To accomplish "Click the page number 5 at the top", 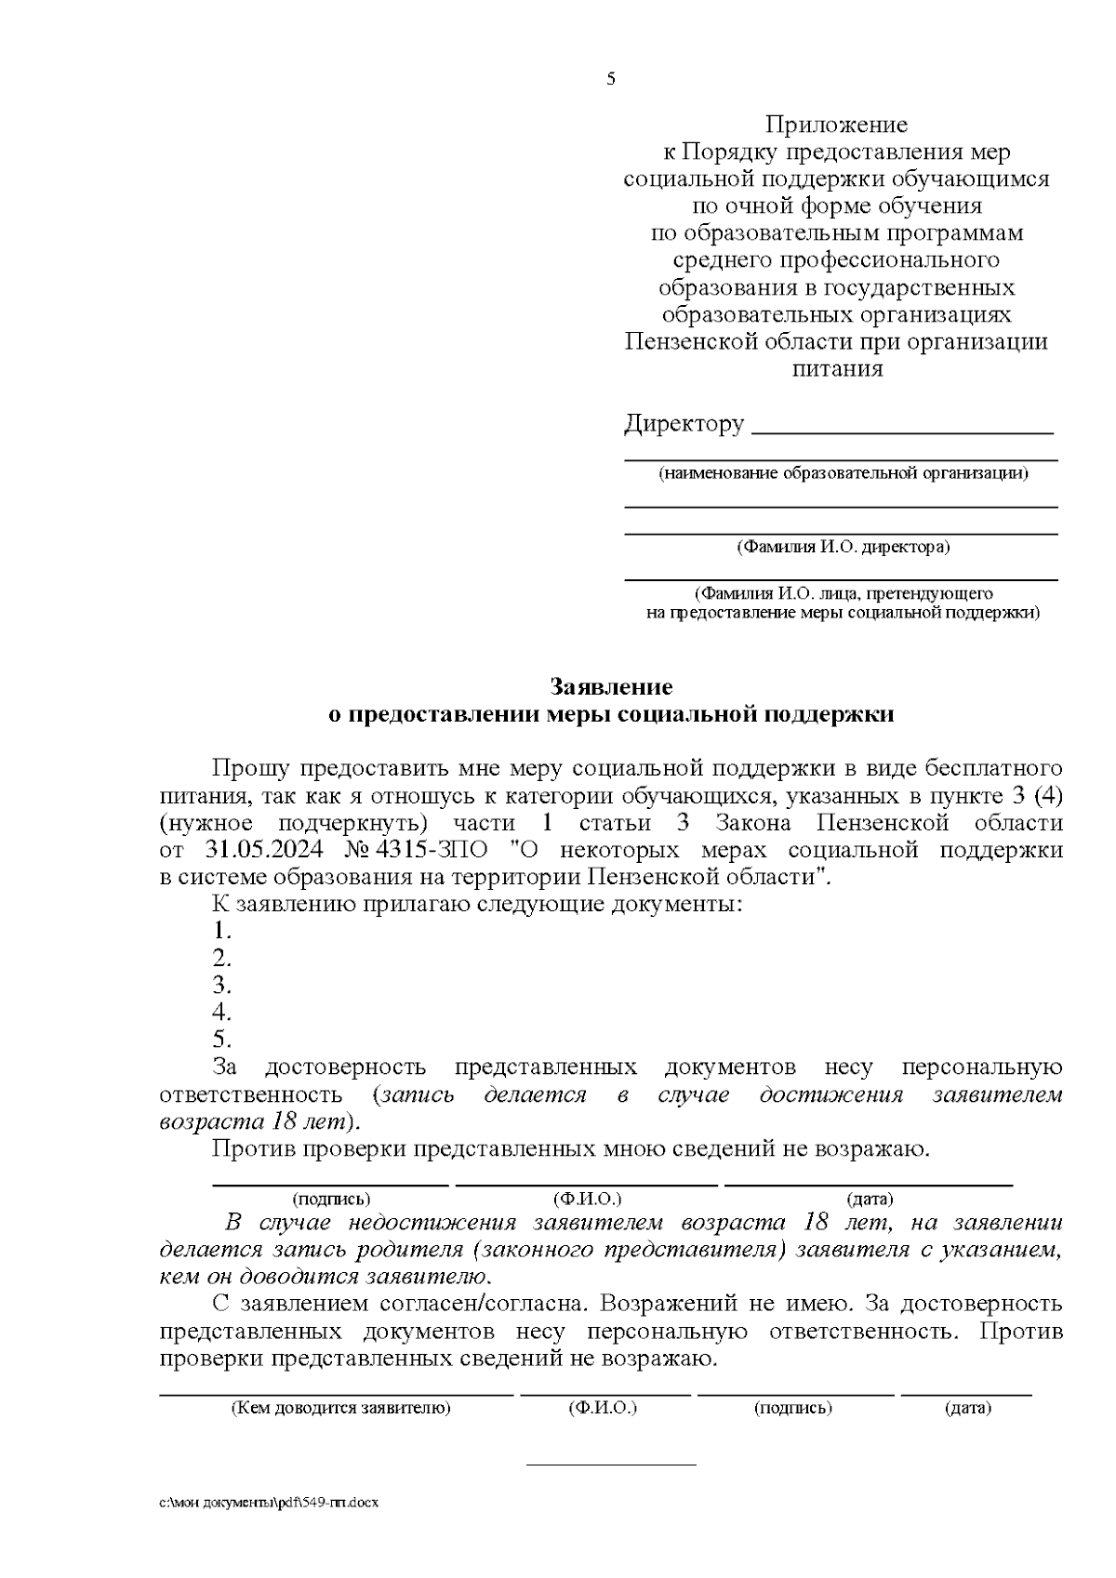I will coord(611,79).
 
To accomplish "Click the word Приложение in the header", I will coord(836,125).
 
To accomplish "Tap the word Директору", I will coord(684,425).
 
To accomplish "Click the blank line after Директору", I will coord(901,430).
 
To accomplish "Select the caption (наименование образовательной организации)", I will coord(844,473).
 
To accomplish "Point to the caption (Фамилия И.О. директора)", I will coord(843,547).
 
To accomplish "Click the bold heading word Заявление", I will coord(611,687).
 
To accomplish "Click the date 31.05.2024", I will coord(263,851).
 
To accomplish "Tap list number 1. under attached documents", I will coord(221,932).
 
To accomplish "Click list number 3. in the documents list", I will coord(221,986).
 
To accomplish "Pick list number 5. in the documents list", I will coord(221,1040).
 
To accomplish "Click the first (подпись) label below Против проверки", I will coord(331,1200).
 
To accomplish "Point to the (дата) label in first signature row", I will coord(869,1200).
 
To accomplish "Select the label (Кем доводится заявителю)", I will coord(340,1408).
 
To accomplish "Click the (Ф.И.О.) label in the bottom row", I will coord(602,1408).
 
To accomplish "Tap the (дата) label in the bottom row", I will coord(967,1408).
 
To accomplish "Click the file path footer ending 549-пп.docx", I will coord(269,1502).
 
